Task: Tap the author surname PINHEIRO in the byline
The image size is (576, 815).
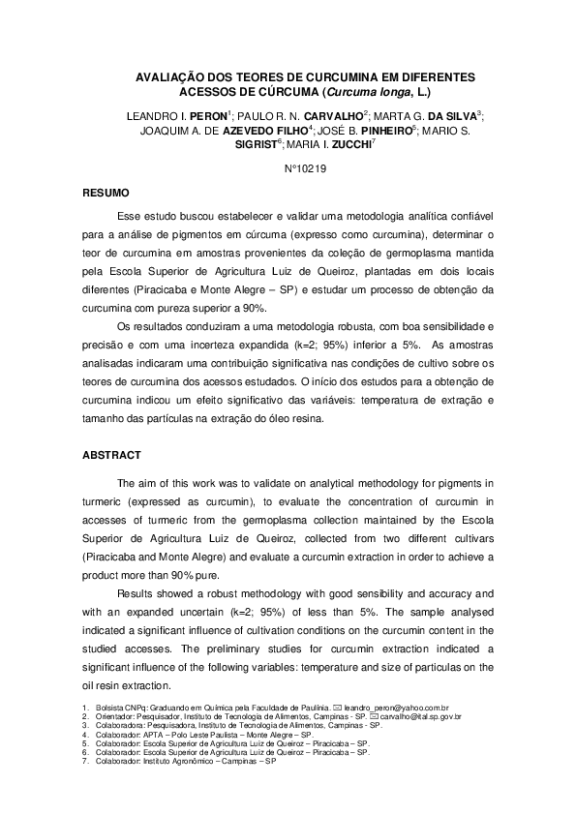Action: pyautogui.click(x=383, y=129)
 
